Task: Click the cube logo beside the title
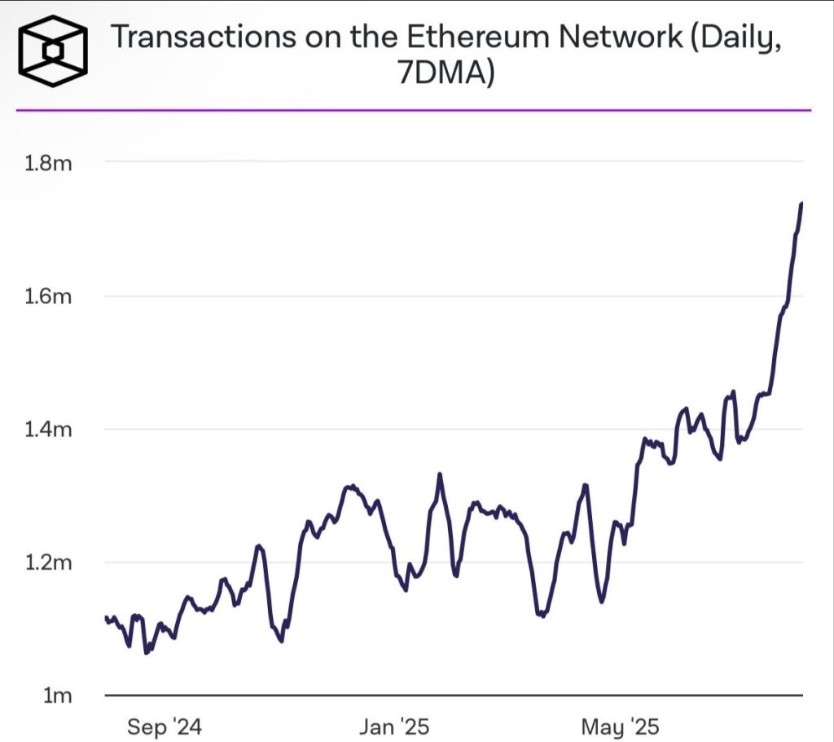pyautogui.click(x=52, y=51)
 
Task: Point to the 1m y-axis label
pyautogui.click(x=57, y=696)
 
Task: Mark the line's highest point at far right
pyautogui.click(x=801, y=203)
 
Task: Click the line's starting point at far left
pyautogui.click(x=106, y=618)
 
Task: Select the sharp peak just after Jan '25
pyautogui.click(x=440, y=474)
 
